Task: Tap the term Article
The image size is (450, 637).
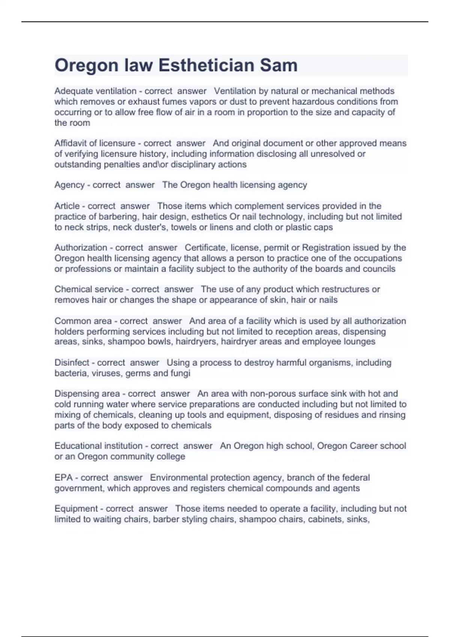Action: pyautogui.click(x=67, y=206)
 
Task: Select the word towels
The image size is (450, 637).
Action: pyautogui.click(x=184, y=227)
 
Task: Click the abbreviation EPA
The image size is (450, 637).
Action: pyautogui.click(x=63, y=478)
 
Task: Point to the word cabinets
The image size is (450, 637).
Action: pyautogui.click(x=323, y=519)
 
